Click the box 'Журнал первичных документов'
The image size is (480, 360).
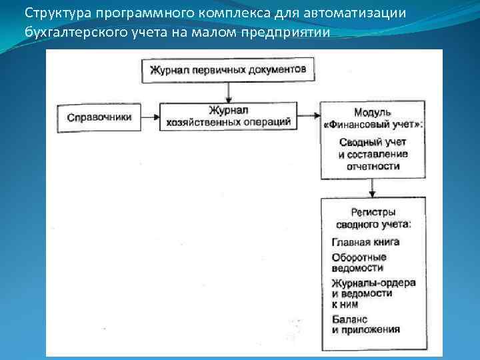coord(228,69)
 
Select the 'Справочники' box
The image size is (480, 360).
coord(99,117)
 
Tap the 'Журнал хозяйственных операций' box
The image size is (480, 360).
coord(228,116)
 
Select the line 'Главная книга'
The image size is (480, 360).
coord(364,242)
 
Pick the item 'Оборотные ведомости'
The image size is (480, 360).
coord(359,262)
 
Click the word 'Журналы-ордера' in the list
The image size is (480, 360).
coord(373,283)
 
